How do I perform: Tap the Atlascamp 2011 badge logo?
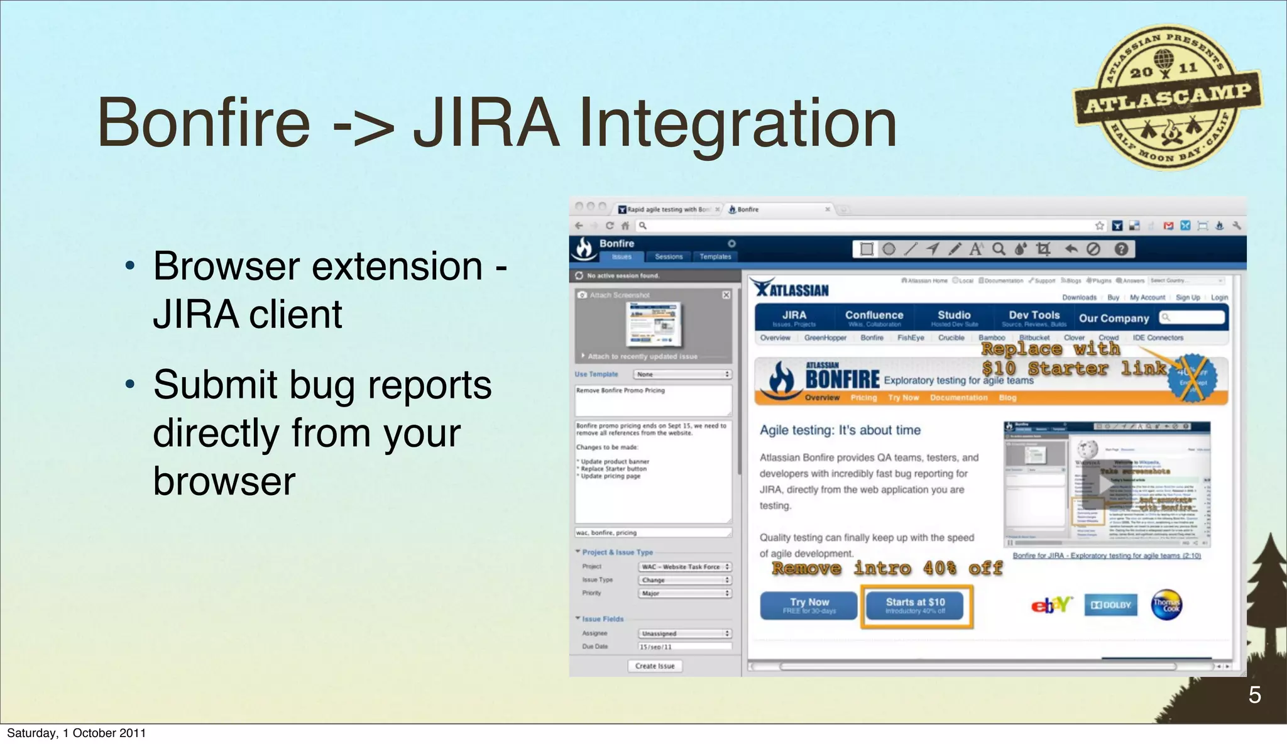(x=1168, y=98)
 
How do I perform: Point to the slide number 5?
(x=1254, y=695)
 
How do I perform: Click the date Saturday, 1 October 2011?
(x=76, y=733)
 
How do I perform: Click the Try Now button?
(x=809, y=605)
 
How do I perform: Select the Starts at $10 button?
(x=915, y=605)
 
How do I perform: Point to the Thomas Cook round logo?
(x=1166, y=605)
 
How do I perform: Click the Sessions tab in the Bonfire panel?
(x=668, y=256)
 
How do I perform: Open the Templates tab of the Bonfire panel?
(x=715, y=256)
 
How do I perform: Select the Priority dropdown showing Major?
(x=685, y=593)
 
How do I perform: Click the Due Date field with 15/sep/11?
(x=685, y=647)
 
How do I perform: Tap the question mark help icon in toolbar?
(x=1121, y=249)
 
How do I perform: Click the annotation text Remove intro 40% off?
(x=887, y=568)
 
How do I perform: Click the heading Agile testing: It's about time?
(x=840, y=430)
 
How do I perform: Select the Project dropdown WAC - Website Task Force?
(x=685, y=567)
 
